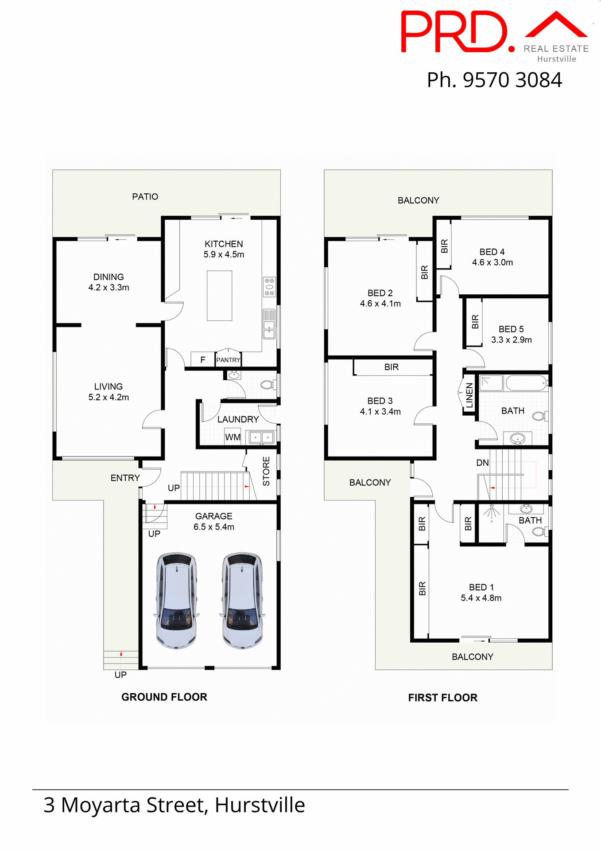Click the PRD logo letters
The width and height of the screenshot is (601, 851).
(x=454, y=32)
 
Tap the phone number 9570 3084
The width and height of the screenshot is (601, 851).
(x=512, y=80)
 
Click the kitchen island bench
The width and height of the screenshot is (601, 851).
(x=219, y=295)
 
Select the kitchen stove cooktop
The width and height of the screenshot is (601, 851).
(x=269, y=287)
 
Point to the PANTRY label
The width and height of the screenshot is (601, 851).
(x=228, y=360)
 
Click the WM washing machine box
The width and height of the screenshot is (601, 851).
(x=233, y=437)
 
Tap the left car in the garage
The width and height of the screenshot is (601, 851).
(x=176, y=600)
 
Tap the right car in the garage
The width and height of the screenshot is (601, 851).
(x=242, y=600)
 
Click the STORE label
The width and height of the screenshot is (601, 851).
(x=266, y=471)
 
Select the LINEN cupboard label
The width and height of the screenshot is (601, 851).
(x=469, y=395)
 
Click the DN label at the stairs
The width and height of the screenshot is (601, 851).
(x=482, y=463)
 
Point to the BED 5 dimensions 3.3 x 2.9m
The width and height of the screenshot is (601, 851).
(x=511, y=340)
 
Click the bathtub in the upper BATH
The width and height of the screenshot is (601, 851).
(x=526, y=383)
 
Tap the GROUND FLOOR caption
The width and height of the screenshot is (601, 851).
(x=164, y=697)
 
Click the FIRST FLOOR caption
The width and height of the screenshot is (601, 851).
(x=442, y=698)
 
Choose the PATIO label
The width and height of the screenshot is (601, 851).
(x=145, y=196)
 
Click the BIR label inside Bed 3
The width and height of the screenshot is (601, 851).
(x=391, y=367)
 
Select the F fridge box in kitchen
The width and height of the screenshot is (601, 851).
(x=203, y=360)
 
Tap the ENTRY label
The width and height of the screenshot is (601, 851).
(x=125, y=478)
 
